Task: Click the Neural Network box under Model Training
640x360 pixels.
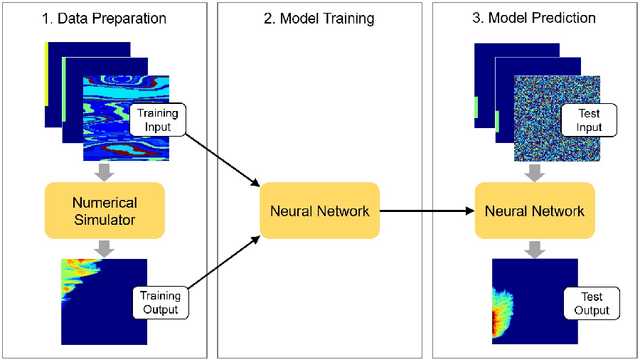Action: (318, 210)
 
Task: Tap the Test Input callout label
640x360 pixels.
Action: (590, 120)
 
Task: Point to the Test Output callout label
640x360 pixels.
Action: (590, 302)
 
